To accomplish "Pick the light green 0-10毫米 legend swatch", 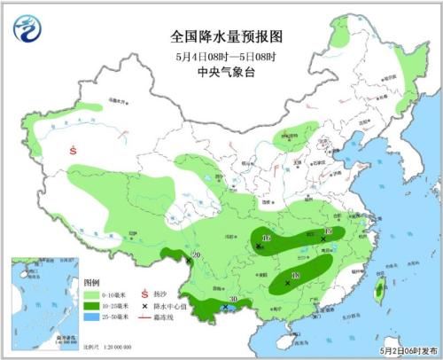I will [90, 293].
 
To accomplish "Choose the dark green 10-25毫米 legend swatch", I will [90, 305].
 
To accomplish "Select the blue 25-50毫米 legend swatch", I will [90, 317].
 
